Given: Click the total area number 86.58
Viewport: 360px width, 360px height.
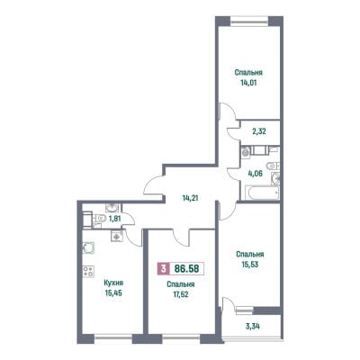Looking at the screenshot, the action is pyautogui.click(x=186, y=268).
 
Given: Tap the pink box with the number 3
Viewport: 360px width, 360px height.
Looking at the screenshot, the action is pyautogui.click(x=164, y=268).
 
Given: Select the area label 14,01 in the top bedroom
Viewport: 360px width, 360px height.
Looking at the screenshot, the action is pyautogui.click(x=248, y=83).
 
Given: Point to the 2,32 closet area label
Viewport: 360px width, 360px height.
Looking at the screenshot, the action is pyautogui.click(x=258, y=131).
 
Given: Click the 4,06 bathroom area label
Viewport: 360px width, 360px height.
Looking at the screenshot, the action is pyautogui.click(x=255, y=173).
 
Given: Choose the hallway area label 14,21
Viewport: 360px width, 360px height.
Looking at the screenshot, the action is pyautogui.click(x=190, y=198).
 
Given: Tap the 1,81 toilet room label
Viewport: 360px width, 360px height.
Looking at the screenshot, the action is pyautogui.click(x=114, y=219).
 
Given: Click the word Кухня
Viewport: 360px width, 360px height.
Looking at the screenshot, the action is pyautogui.click(x=113, y=283).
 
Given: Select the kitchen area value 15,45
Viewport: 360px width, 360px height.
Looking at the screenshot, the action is pyautogui.click(x=113, y=292).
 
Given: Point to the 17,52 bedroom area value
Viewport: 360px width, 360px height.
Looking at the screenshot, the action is pyautogui.click(x=181, y=294).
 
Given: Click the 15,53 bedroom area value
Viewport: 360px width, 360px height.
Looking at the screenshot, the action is pyautogui.click(x=250, y=265).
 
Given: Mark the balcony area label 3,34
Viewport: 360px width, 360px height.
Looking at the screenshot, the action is pyautogui.click(x=252, y=326).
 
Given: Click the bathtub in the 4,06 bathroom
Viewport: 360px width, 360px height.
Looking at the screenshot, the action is pyautogui.click(x=262, y=193).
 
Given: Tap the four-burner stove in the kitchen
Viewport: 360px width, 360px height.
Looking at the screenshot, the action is pyautogui.click(x=88, y=272).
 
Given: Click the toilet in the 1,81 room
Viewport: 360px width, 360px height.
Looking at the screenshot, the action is pyautogui.click(x=100, y=218).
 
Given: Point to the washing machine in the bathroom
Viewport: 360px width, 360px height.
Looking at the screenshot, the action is pyautogui.click(x=246, y=152).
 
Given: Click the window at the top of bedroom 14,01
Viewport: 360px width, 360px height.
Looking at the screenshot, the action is pyautogui.click(x=249, y=22).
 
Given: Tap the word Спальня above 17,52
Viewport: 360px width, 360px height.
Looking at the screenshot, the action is pyautogui.click(x=181, y=284).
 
